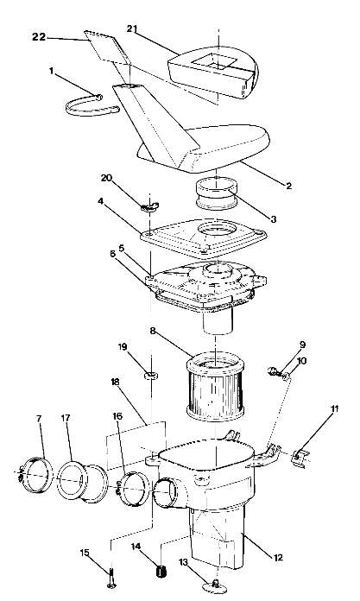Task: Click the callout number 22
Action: [x=39, y=37]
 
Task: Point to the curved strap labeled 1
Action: [x=91, y=104]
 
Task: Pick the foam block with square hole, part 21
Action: [x=212, y=66]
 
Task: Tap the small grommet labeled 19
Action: [x=150, y=376]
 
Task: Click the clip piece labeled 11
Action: [x=302, y=454]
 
